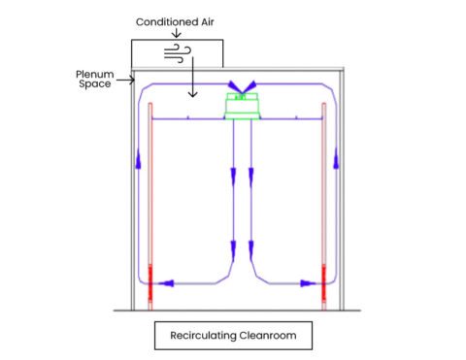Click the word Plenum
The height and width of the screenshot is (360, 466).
[x=95, y=74]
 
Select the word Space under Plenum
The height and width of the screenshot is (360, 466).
[x=95, y=84]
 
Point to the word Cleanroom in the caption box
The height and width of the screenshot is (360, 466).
[x=268, y=336]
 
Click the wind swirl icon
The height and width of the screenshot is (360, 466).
[x=178, y=53]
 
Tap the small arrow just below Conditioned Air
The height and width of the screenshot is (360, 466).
[x=177, y=33]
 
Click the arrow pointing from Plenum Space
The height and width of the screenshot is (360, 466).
[x=125, y=80]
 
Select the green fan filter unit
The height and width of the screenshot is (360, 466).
[x=242, y=106]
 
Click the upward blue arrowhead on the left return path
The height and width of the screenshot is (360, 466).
[x=139, y=158]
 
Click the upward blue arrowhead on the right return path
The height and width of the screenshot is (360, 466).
[x=336, y=158]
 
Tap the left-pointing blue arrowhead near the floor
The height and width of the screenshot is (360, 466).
[x=166, y=283]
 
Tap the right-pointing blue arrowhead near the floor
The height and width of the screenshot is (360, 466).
[x=308, y=283]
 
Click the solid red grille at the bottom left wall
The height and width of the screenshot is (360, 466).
[x=150, y=282]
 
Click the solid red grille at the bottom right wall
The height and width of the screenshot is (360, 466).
[x=324, y=282]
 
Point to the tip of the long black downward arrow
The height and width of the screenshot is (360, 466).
[x=193, y=97]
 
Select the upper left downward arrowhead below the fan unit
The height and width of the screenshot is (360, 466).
[x=233, y=178]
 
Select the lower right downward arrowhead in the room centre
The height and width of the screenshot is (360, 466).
[x=250, y=251]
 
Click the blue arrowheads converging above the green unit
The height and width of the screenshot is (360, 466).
[x=242, y=86]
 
